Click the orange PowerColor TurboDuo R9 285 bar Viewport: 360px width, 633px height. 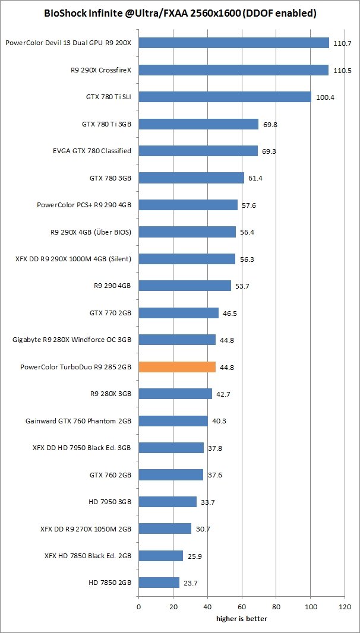click(x=177, y=367)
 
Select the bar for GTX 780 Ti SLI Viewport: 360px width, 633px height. click(x=225, y=97)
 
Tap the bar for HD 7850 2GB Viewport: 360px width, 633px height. click(x=159, y=583)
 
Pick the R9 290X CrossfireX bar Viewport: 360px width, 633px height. click(x=233, y=70)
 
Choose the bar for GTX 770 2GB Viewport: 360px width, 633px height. click(x=178, y=313)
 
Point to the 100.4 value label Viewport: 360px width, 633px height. click(x=325, y=97)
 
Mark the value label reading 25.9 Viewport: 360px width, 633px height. click(x=195, y=556)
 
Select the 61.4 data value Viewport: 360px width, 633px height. click(x=257, y=178)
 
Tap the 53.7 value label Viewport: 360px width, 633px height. click(x=242, y=286)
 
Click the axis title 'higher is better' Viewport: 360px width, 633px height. click(x=241, y=619)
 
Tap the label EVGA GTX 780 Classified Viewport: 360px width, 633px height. click(x=91, y=151)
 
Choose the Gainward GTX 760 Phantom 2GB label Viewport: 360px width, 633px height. click(x=78, y=421)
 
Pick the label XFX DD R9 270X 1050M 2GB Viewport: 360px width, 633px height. click(x=86, y=528)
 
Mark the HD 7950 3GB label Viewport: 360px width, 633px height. click(x=110, y=502)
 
